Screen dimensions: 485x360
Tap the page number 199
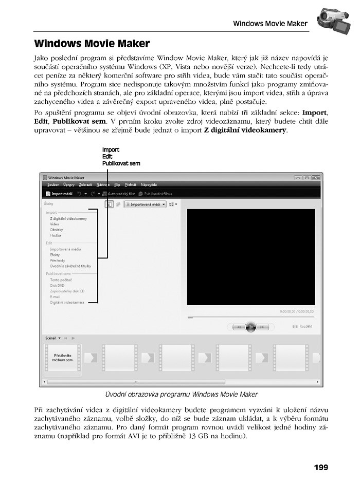[x=320, y=467]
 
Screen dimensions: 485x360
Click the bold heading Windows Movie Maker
[x=92, y=44]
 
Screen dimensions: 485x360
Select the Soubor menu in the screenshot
[x=53, y=184]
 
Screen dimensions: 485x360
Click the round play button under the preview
[x=250, y=326]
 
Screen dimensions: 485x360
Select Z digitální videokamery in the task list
[x=68, y=218]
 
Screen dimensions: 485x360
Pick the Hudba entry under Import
[x=56, y=235]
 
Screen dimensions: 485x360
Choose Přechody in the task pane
[x=58, y=260]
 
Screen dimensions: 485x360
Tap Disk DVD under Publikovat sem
[x=57, y=285]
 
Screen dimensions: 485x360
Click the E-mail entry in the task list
[x=56, y=296]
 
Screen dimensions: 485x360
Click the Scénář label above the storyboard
[x=50, y=338]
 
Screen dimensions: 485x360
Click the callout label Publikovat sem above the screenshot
[x=121, y=163]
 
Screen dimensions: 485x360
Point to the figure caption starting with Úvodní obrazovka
[x=181, y=395]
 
